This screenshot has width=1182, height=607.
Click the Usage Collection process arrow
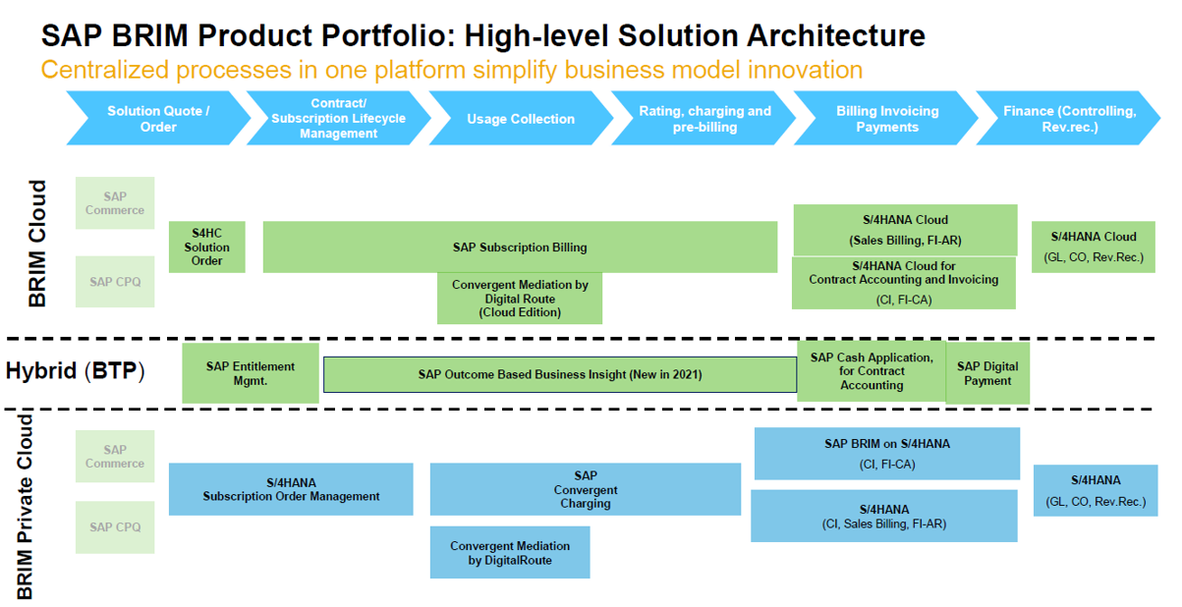point(520,119)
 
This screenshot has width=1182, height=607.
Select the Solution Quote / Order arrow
point(157,119)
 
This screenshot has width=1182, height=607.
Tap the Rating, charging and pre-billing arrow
point(704,119)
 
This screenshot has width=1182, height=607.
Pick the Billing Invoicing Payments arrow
point(886,119)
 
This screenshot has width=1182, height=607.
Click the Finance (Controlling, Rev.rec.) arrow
point(1068,119)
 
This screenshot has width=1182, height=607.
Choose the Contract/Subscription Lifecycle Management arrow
point(338,119)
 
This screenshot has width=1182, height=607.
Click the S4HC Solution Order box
point(206,247)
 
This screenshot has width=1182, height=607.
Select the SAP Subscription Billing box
point(520,248)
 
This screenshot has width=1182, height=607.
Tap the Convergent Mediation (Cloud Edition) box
point(520,299)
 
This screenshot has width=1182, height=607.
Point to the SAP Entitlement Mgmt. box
point(250,373)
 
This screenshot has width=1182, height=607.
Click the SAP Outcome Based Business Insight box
point(559,374)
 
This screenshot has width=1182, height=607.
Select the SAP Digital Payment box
point(987,373)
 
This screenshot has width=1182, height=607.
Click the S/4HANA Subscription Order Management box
point(291,489)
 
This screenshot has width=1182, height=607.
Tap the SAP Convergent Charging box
point(585,489)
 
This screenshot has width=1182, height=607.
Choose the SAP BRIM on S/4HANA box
point(886,453)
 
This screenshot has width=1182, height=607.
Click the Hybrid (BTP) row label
point(75,371)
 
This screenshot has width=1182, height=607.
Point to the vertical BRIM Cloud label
point(37,244)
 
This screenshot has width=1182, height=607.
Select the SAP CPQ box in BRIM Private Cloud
point(115,527)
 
